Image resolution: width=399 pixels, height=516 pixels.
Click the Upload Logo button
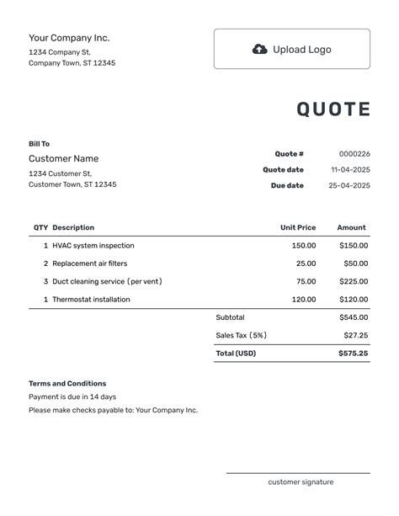click(291, 49)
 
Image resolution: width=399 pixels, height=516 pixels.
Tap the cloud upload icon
click(260, 49)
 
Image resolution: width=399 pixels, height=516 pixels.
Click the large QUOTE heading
click(333, 109)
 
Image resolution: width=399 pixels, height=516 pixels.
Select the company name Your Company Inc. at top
click(69, 38)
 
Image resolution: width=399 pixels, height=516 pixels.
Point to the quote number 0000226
click(354, 154)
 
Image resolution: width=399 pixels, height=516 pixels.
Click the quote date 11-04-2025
click(350, 170)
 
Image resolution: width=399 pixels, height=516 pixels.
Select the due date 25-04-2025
click(350, 185)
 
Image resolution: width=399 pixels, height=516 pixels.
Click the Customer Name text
click(63, 158)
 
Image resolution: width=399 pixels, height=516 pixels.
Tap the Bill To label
click(39, 144)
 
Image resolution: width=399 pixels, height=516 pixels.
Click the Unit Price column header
click(298, 227)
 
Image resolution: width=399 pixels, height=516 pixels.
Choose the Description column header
click(73, 227)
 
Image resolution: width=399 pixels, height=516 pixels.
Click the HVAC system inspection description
click(93, 246)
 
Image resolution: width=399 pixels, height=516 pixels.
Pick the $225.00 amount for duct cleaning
click(354, 281)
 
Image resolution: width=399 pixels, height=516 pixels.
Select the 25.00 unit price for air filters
click(306, 263)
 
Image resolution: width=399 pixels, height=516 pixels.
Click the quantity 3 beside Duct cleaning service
click(45, 281)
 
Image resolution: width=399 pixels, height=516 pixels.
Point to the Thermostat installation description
click(91, 300)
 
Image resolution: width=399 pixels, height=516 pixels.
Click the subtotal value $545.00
click(354, 317)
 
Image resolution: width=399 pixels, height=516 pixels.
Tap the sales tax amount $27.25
click(355, 335)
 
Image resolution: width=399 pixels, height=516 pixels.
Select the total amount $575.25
click(354, 354)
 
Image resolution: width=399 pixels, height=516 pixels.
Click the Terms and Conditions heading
click(67, 384)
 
